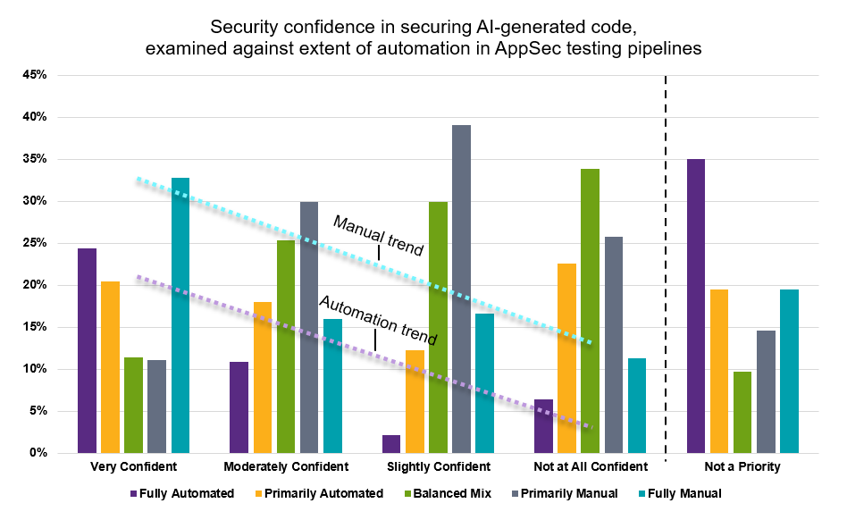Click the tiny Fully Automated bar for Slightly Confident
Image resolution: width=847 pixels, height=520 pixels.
391,444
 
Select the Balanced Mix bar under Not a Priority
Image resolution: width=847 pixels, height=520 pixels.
742,412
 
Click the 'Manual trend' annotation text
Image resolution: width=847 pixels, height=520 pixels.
378,235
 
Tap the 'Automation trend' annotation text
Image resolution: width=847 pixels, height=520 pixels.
378,321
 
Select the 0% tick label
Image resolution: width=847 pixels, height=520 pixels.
38,453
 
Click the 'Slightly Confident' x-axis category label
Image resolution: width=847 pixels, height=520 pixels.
438,467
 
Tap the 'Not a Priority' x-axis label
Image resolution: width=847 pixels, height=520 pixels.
742,467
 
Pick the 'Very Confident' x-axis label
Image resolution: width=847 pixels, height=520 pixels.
134,467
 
